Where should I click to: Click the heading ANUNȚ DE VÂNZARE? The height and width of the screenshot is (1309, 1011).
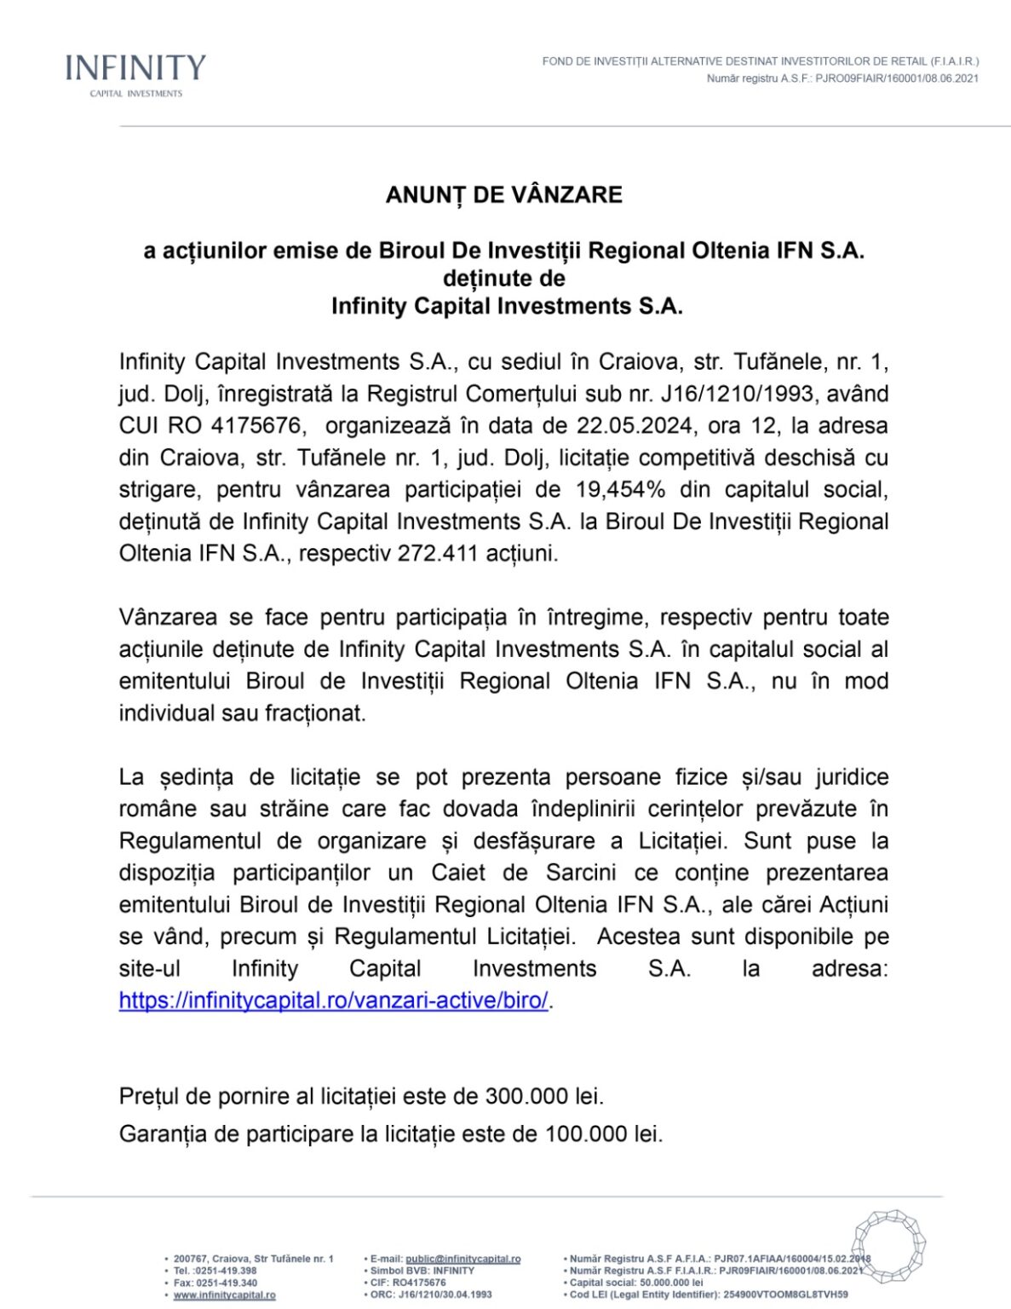pos(504,195)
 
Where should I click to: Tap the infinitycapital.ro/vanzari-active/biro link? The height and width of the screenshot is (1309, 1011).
pos(334,1000)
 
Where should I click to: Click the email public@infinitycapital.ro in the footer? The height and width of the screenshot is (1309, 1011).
pos(462,1259)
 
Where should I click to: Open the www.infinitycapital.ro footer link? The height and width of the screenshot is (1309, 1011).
pos(224,1295)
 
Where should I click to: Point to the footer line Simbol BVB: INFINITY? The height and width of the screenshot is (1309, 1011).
pos(422,1271)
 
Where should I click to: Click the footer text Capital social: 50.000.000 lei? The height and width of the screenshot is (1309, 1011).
pos(636,1283)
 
